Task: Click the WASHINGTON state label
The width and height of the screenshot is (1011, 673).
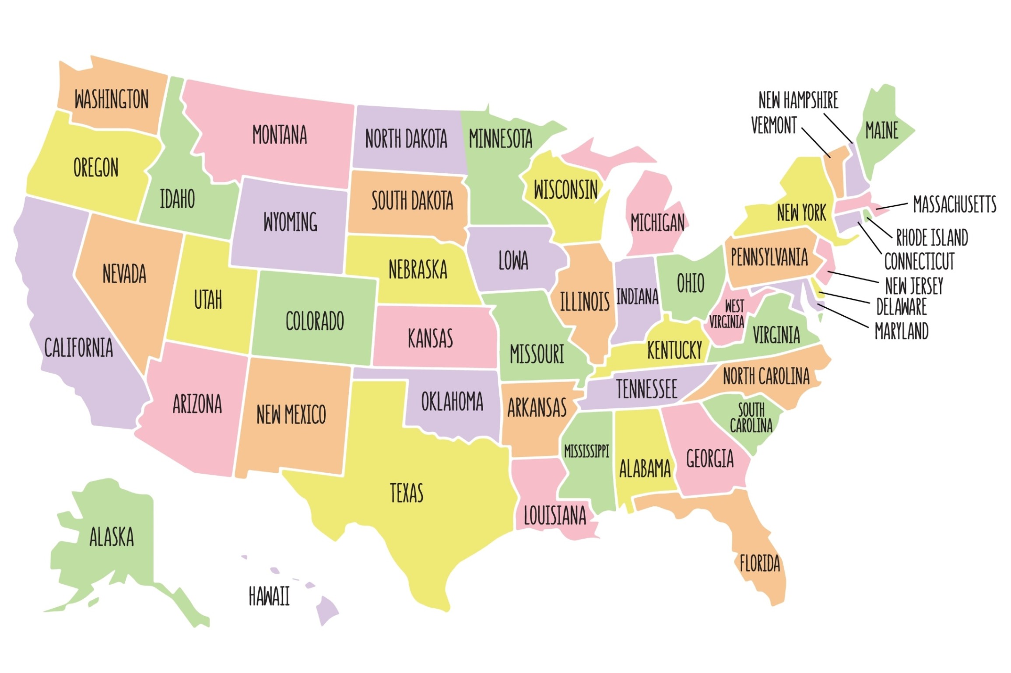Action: pyautogui.click(x=112, y=99)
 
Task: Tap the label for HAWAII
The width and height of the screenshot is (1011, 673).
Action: pyautogui.click(x=269, y=596)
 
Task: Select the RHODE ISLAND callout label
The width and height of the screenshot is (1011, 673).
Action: pyautogui.click(x=932, y=237)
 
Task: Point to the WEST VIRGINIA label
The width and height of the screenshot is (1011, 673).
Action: pyautogui.click(x=727, y=314)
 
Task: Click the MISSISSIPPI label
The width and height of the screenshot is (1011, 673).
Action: pyautogui.click(x=586, y=451)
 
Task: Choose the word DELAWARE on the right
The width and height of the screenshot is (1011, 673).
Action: pyautogui.click(x=902, y=306)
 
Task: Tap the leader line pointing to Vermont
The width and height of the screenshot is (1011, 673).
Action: pyautogui.click(x=816, y=143)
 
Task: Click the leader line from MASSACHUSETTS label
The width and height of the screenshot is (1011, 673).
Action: pyautogui.click(x=892, y=206)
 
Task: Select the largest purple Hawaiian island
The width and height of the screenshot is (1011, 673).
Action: pyautogui.click(x=326, y=610)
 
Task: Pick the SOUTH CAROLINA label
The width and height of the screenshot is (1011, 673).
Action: pyautogui.click(x=751, y=418)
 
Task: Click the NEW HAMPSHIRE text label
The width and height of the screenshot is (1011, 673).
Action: pyautogui.click(x=798, y=100)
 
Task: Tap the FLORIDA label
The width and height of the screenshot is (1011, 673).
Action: pyautogui.click(x=760, y=563)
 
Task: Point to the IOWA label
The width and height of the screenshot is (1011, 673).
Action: pyautogui.click(x=513, y=261)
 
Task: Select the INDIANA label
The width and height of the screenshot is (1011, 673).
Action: pyautogui.click(x=637, y=296)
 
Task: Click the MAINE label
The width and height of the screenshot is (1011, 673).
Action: pyautogui.click(x=882, y=130)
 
